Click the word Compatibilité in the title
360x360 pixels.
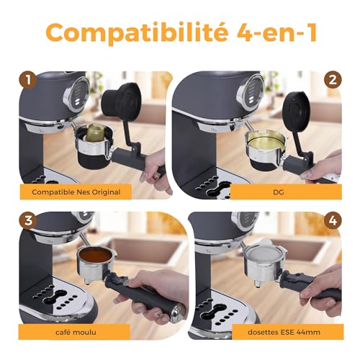(137, 32)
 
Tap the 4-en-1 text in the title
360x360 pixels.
(277, 32)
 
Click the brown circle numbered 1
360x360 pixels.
(28, 80)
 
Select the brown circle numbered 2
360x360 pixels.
(333, 80)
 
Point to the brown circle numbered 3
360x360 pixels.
(28, 220)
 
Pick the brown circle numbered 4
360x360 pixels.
(333, 220)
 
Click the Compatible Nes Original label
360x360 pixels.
(76, 192)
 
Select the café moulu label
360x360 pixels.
(76, 332)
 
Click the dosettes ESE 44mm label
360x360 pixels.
(284, 332)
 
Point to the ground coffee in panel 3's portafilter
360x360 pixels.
(95, 254)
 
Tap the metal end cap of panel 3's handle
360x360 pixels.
(177, 313)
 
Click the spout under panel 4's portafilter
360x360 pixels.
(258, 284)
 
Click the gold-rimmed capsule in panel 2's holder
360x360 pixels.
(266, 142)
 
